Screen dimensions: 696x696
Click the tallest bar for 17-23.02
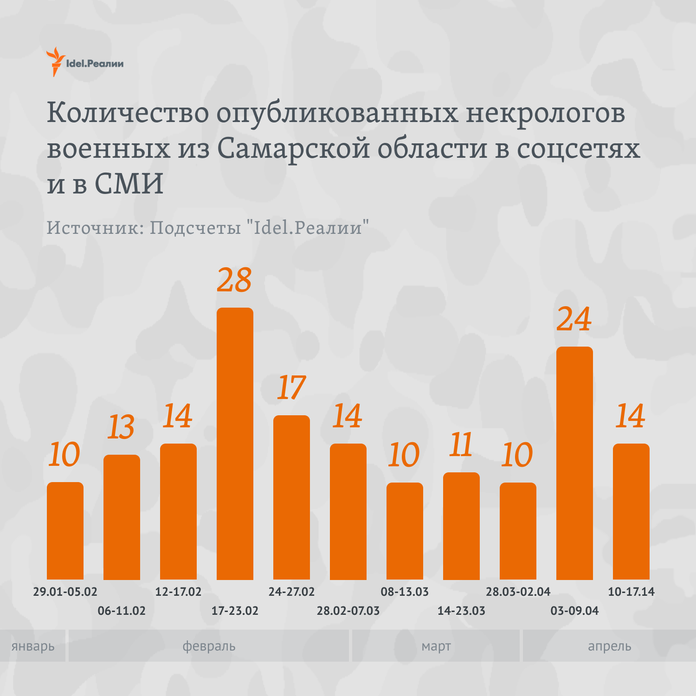click(x=235, y=443)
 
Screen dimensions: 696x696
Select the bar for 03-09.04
click(x=574, y=463)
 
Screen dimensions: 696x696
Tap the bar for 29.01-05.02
click(x=65, y=531)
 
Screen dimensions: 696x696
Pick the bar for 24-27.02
click(x=291, y=497)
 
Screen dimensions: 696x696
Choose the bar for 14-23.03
click(x=461, y=526)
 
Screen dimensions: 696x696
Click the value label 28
click(x=234, y=281)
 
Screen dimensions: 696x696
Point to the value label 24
click(x=574, y=320)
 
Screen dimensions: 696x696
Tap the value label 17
click(x=291, y=388)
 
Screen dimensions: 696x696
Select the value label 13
click(x=121, y=427)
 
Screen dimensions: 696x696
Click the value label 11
click(x=461, y=445)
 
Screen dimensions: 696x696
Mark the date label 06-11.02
click(x=122, y=611)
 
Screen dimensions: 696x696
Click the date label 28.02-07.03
click(x=348, y=611)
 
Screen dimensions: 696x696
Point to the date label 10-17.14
click(x=631, y=592)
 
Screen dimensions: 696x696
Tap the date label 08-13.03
click(x=405, y=592)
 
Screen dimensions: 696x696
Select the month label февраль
click(x=209, y=646)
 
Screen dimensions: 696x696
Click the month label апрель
click(x=609, y=646)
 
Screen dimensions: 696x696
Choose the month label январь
click(x=33, y=646)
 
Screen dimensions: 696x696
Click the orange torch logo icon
click(x=56, y=62)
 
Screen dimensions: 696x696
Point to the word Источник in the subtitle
click(x=95, y=227)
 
